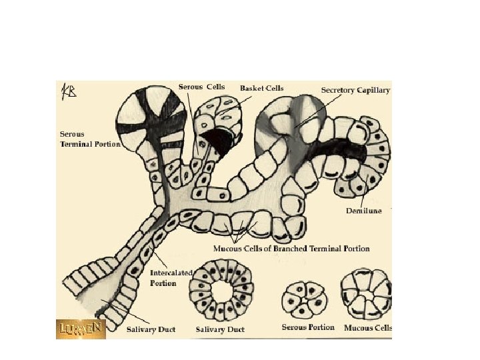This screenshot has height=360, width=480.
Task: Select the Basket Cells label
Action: click(262, 88)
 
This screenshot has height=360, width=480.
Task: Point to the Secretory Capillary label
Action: click(355, 89)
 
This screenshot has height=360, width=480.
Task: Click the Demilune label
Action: click(363, 211)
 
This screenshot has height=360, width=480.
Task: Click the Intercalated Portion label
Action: click(171, 278)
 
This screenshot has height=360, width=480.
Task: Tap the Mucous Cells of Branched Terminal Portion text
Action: click(291, 249)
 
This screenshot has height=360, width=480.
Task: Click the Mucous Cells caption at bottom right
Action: click(367, 327)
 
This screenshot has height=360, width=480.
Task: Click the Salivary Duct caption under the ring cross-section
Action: click(220, 329)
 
